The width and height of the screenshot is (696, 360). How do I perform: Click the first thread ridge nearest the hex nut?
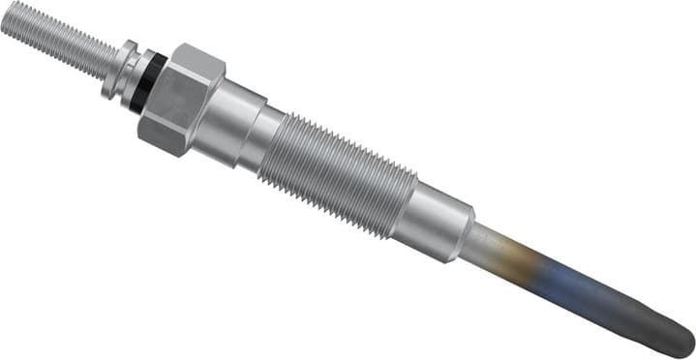(x=284, y=139)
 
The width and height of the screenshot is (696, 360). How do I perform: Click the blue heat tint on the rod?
(x=571, y=285)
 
